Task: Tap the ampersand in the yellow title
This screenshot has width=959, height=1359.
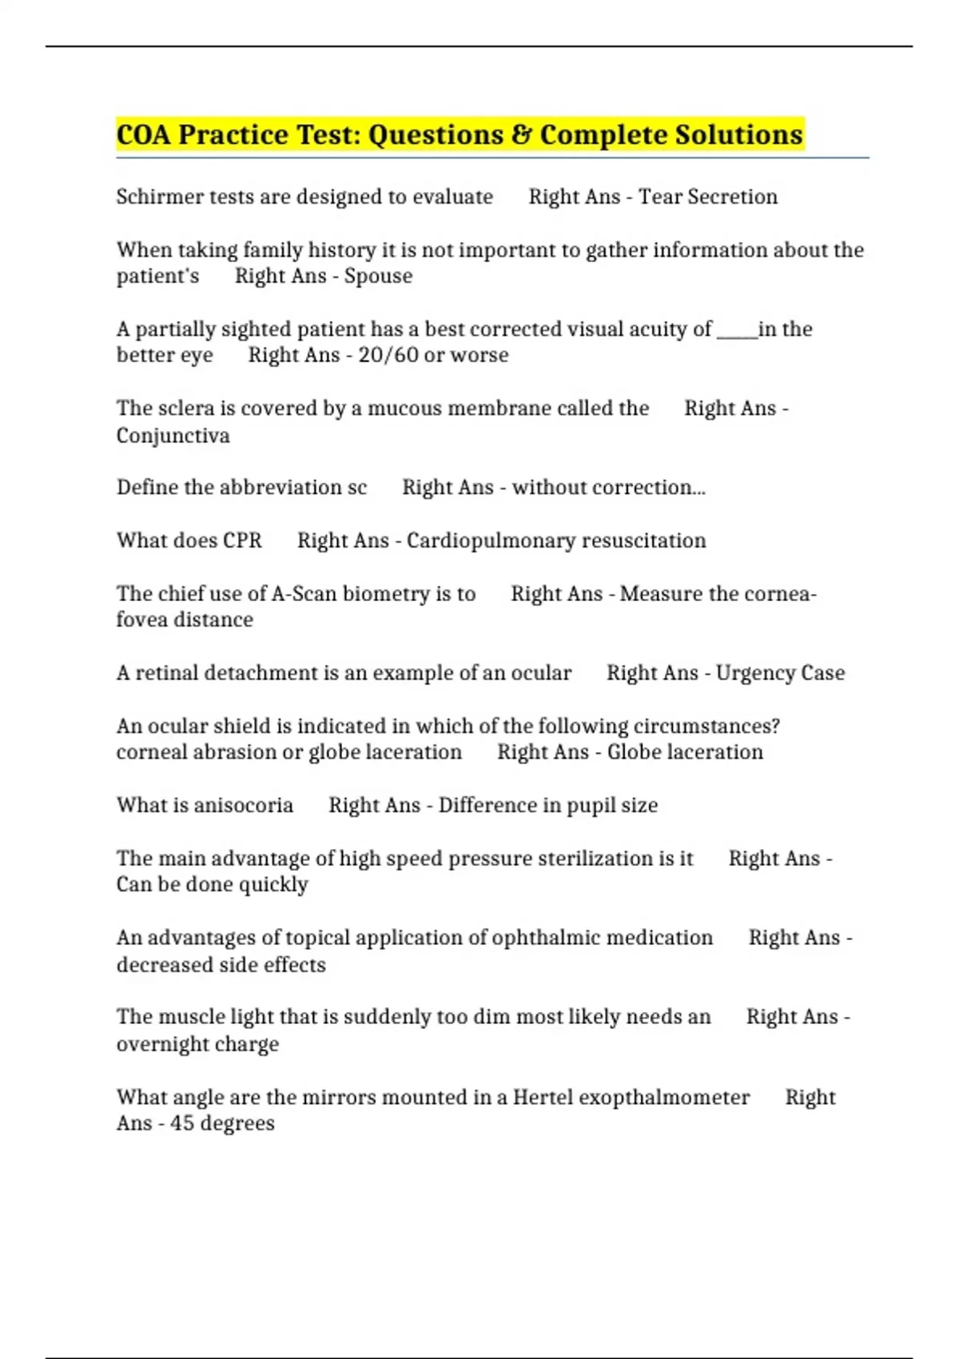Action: (x=520, y=134)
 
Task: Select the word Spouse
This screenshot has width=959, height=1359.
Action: (x=378, y=276)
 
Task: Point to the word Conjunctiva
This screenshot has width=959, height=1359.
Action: (x=173, y=436)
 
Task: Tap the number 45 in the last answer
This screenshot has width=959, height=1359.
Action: (x=182, y=1123)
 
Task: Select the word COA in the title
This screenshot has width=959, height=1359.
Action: (x=144, y=134)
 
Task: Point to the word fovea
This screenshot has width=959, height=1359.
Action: (x=141, y=620)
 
